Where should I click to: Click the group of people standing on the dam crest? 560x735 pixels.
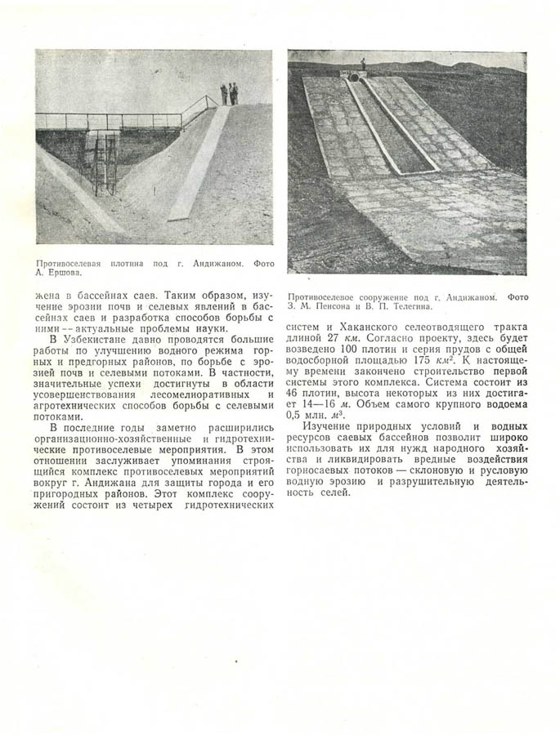click(229, 93)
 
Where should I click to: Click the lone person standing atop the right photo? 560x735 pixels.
click(363, 64)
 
